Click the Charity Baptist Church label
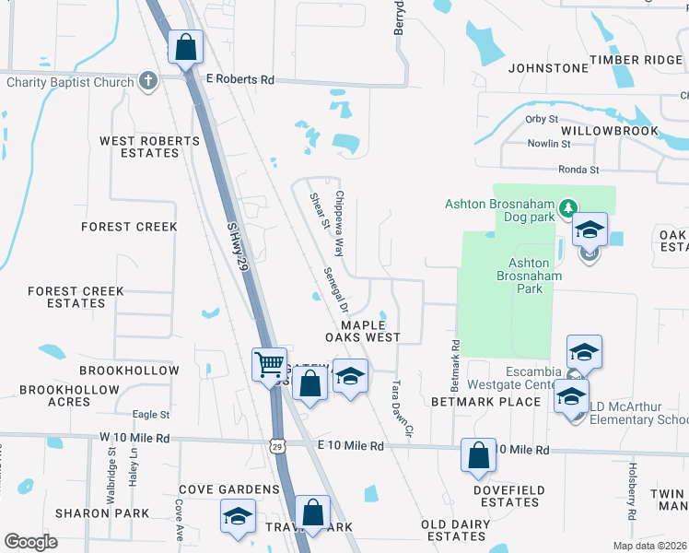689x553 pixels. [70, 82]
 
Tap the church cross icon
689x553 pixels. [146, 81]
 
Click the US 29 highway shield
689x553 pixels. [277, 446]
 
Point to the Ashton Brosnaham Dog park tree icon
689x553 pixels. [569, 205]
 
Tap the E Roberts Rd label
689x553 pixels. [240, 80]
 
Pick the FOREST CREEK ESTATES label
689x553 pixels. [76, 297]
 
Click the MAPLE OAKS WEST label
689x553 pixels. [370, 331]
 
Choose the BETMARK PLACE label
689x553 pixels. [486, 402]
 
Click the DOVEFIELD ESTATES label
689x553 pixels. [509, 496]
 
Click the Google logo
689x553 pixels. [30, 542]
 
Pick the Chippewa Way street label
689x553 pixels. [339, 223]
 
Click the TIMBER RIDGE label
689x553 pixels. [636, 60]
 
